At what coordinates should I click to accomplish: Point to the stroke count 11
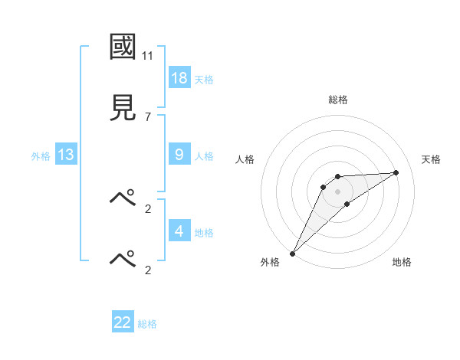[148, 56]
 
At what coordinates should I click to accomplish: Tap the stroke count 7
[148, 116]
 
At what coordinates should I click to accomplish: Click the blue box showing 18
[179, 77]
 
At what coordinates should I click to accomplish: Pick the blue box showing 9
[179, 154]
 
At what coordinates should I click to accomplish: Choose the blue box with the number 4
[179, 231]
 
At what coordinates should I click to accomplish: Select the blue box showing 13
[66, 155]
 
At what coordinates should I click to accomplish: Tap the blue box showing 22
[123, 322]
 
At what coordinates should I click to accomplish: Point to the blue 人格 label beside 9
[204, 156]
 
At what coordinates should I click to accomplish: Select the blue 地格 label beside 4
[204, 233]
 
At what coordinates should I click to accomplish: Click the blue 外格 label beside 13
[41, 156]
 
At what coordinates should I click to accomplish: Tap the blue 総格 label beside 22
[147, 324]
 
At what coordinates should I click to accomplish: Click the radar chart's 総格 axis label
[337, 100]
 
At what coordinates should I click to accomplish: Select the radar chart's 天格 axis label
[431, 159]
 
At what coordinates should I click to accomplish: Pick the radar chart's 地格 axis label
[402, 262]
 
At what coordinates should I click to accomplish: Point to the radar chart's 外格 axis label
[270, 262]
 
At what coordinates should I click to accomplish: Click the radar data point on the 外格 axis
[292, 254]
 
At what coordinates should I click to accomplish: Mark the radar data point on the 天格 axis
[396, 172]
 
